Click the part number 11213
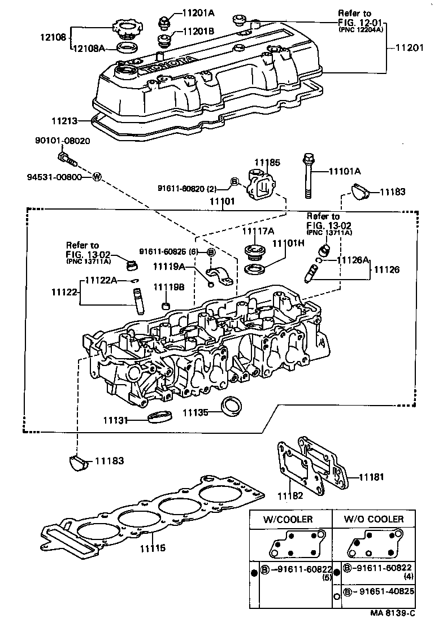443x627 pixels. tap(64, 120)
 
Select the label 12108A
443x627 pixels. tap(88, 49)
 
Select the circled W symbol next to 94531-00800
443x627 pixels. tap(96, 177)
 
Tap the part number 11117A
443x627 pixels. tap(258, 231)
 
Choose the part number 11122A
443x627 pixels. tap(102, 280)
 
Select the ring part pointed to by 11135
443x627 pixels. tap(231, 407)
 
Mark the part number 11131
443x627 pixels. tap(116, 421)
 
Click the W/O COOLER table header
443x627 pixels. tap(374, 519)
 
